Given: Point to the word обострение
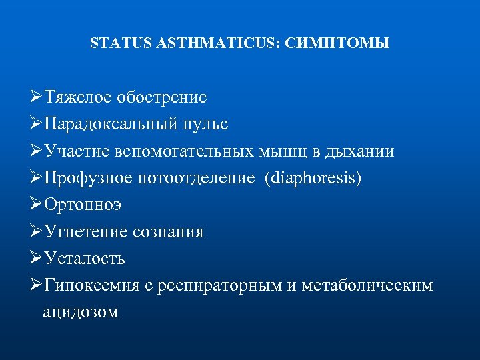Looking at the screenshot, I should [161, 97].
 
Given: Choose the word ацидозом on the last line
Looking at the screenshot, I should [81, 311].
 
